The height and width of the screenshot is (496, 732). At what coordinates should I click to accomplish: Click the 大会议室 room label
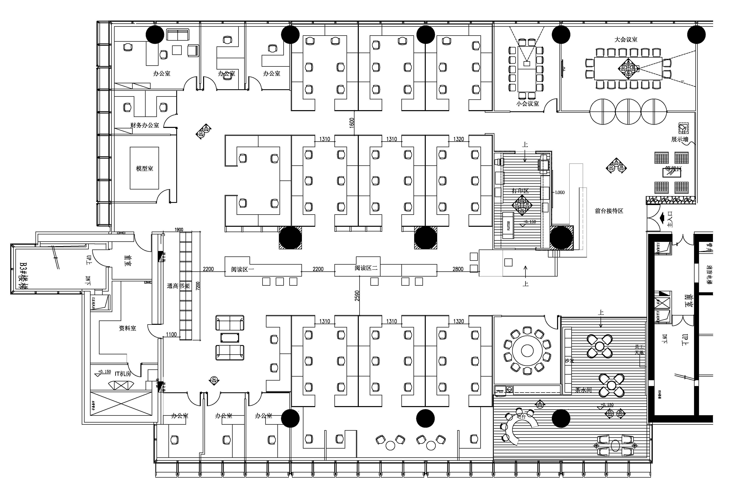(x=626, y=40)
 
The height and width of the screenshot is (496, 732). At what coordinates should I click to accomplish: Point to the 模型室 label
(x=145, y=169)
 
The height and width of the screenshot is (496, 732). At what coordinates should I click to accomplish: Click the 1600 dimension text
(x=352, y=122)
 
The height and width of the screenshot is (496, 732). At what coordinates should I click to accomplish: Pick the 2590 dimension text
(x=357, y=296)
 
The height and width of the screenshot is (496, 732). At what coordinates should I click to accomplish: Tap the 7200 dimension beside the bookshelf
(x=197, y=286)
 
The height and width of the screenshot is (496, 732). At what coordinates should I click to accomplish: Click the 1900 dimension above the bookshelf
(x=179, y=230)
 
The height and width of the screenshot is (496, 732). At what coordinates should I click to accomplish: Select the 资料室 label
(x=127, y=328)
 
